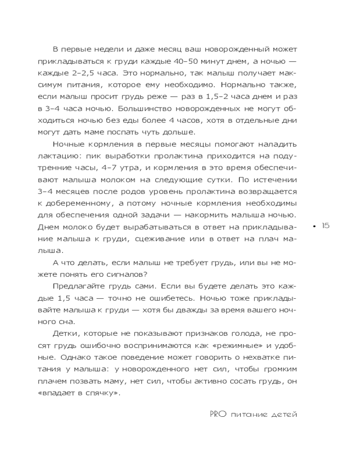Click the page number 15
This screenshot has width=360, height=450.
[x=326, y=226]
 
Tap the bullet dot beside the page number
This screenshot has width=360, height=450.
[x=315, y=226]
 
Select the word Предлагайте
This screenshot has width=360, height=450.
[x=79, y=286]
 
